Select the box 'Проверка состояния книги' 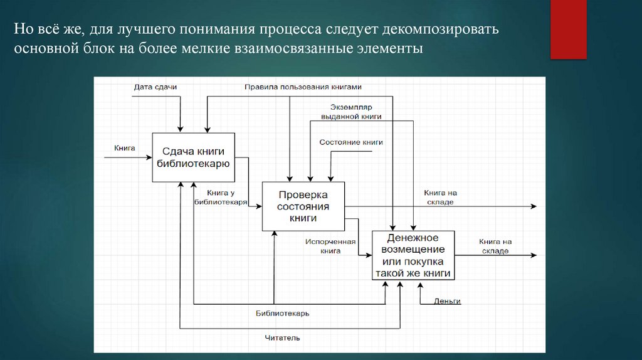[303, 206]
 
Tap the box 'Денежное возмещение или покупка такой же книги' [413, 255]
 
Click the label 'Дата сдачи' [155, 87]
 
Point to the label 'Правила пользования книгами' [303, 87]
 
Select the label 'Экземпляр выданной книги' [351, 112]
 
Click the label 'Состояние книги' [351, 142]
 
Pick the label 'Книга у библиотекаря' [220, 198]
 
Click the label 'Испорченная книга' [330, 246]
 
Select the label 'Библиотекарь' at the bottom [282, 313]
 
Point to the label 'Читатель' [282, 338]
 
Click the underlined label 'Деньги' [447, 301]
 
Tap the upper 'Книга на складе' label [439, 198]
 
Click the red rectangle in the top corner [568, 29]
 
